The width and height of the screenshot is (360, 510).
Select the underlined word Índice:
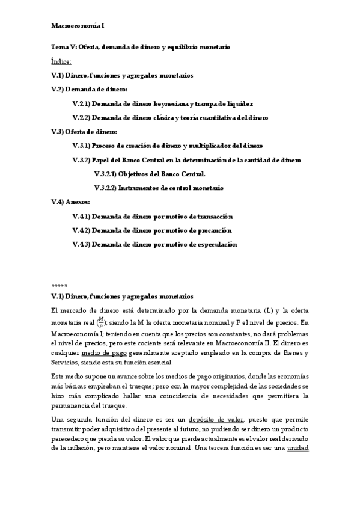(x=61, y=61)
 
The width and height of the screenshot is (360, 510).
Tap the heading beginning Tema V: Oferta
(x=141, y=47)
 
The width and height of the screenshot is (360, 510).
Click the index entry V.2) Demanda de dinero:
(x=85, y=90)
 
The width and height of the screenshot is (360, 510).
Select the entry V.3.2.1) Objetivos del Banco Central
(x=150, y=174)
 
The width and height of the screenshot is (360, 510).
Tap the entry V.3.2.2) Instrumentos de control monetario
(x=159, y=188)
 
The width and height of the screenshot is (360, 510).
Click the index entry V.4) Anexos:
(x=70, y=202)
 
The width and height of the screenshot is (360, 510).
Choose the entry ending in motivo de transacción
(x=153, y=216)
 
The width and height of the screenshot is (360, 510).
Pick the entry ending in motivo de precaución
(x=152, y=230)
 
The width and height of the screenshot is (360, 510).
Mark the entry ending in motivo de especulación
(x=154, y=244)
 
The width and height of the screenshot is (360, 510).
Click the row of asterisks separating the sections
(x=59, y=285)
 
